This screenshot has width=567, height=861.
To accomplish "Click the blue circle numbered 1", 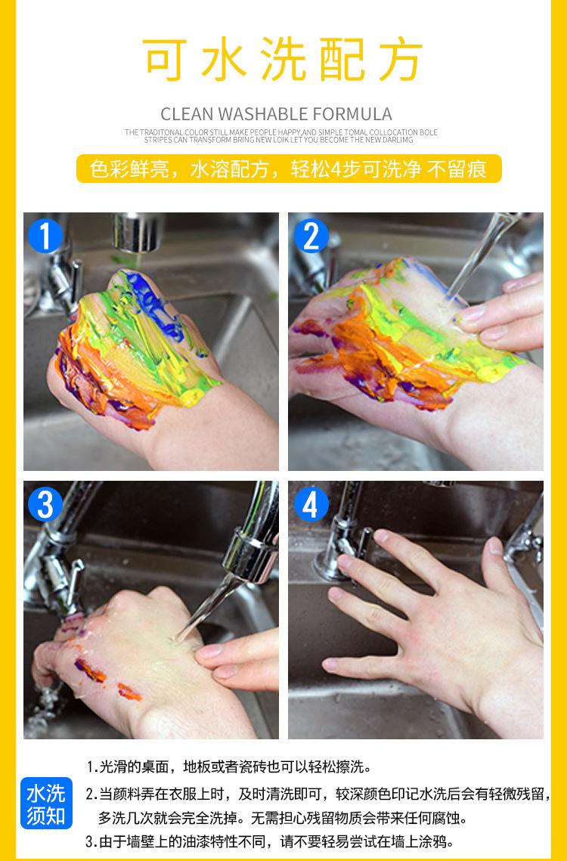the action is click(x=45, y=236).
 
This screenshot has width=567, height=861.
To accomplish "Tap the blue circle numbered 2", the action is click(x=311, y=236).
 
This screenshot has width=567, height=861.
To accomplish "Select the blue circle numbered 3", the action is click(x=45, y=504).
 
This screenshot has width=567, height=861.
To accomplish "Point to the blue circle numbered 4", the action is click(x=311, y=504).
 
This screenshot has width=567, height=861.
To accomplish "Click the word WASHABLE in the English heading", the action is click(x=264, y=114).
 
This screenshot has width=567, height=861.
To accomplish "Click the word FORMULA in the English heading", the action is click(x=353, y=114).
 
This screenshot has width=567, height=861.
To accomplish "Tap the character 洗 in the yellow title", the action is click(x=283, y=59).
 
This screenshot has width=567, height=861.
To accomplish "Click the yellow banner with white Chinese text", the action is click(x=289, y=169).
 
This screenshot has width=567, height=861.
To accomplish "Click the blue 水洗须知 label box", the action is click(x=47, y=803).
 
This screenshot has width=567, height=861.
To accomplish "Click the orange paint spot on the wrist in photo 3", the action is click(x=129, y=692).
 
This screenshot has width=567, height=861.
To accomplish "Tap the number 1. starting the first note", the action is click(x=91, y=767).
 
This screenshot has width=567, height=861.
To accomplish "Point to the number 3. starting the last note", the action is click(x=91, y=841).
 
